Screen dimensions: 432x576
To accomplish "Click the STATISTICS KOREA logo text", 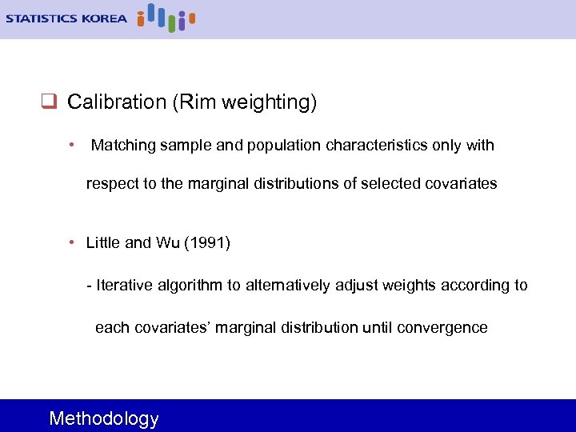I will tap(66, 18).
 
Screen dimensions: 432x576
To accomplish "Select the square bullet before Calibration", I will tap(47, 102).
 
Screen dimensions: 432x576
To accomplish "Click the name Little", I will tap(103, 242).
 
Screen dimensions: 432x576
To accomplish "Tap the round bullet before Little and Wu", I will tap(73, 242).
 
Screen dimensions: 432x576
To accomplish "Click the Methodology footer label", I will tap(104, 418).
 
